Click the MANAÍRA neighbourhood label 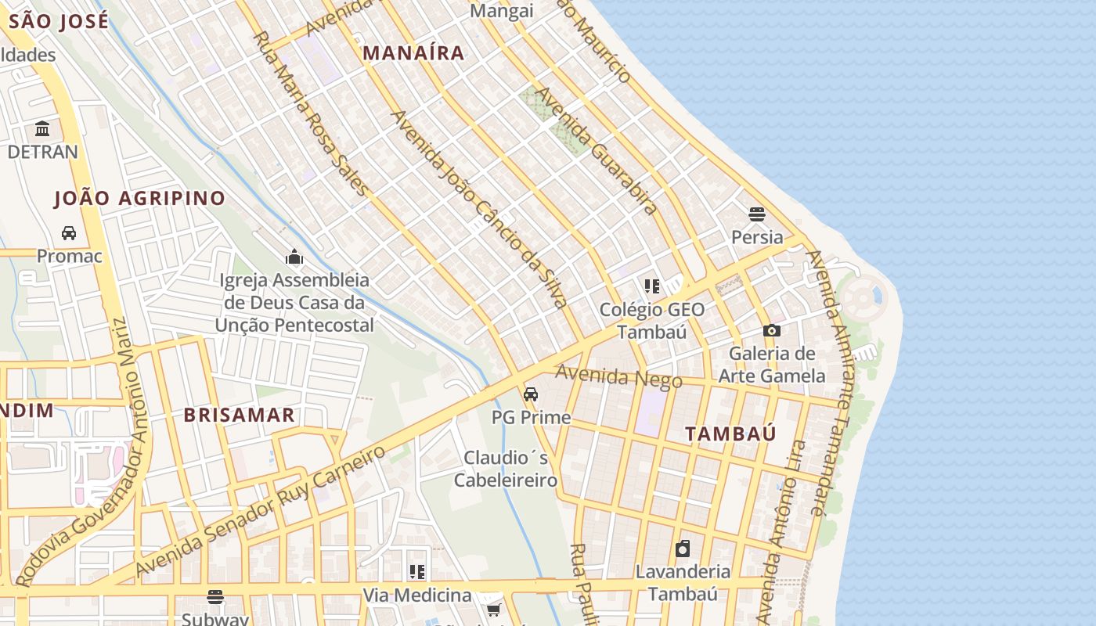(x=414, y=53)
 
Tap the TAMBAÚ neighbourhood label (x=730, y=434)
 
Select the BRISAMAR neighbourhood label (x=239, y=416)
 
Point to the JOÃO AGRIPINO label (x=139, y=199)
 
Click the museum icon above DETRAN (x=42, y=128)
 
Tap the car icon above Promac (x=69, y=233)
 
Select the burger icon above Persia (x=756, y=214)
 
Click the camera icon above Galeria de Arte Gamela (x=772, y=331)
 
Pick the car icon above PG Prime (x=531, y=394)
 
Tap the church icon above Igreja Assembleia (x=294, y=257)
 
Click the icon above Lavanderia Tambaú (x=683, y=549)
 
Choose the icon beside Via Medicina (x=416, y=573)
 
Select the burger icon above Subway (x=215, y=597)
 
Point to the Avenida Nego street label (x=618, y=377)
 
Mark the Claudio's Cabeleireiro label (x=506, y=469)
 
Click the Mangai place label (x=502, y=11)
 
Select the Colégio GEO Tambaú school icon (x=651, y=286)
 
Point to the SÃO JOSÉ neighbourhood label (x=59, y=21)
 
